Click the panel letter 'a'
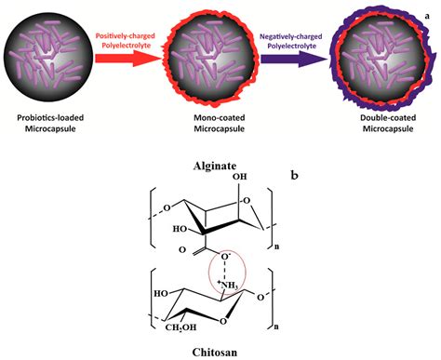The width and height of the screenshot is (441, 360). tap(430, 7)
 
